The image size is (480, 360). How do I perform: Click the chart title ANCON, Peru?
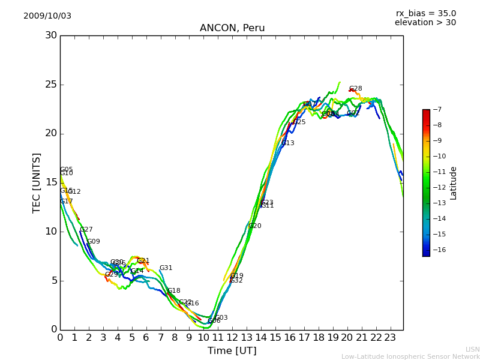(232, 28)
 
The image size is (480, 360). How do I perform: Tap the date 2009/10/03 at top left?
(47, 16)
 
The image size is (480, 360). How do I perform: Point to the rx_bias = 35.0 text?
(425, 14)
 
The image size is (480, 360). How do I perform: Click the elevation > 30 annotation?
(425, 23)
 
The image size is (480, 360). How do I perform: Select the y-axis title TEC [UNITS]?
(37, 182)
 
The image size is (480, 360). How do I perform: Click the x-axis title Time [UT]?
(232, 351)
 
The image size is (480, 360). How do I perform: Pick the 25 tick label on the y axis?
(51, 85)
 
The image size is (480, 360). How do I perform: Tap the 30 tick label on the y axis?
(51, 35)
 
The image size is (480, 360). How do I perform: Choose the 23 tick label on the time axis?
(390, 338)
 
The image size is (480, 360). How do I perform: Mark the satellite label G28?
(356, 89)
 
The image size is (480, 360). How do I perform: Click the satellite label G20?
(255, 226)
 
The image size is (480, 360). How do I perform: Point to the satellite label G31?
(166, 268)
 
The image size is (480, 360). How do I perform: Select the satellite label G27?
(86, 230)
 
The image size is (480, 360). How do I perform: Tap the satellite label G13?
(288, 143)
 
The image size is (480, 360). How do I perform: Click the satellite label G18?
(174, 291)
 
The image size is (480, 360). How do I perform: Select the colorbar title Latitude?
(454, 183)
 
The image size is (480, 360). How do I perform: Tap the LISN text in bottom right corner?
(472, 349)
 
